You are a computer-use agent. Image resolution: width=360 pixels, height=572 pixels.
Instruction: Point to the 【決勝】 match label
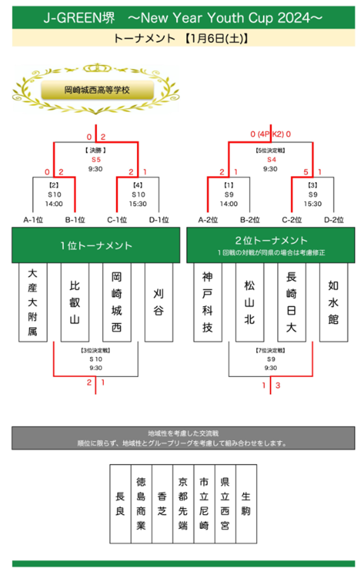(x=96, y=151)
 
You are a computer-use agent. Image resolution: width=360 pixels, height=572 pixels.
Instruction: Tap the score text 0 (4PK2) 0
(x=271, y=135)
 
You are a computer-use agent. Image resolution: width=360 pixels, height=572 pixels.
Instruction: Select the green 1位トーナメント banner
(x=96, y=246)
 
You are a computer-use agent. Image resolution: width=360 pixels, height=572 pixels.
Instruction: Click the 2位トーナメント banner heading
(x=271, y=241)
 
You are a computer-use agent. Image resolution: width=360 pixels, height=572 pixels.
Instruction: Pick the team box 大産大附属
(x=33, y=302)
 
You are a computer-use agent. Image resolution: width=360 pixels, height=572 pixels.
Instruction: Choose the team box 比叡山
(x=75, y=302)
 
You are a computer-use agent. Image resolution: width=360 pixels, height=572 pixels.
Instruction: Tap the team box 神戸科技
(x=208, y=302)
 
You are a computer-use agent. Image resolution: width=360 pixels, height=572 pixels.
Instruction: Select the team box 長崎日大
(x=292, y=302)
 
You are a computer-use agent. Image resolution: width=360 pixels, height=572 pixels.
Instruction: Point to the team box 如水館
(x=334, y=302)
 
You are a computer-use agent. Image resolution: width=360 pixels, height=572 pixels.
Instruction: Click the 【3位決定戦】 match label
(x=96, y=350)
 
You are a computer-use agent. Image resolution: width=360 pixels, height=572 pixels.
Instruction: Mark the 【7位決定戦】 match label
(x=271, y=350)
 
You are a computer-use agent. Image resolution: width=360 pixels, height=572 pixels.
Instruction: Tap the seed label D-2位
(x=334, y=220)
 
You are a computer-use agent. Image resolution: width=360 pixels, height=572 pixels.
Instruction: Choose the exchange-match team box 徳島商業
(x=141, y=504)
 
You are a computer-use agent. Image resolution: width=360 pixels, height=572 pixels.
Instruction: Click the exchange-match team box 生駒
(x=246, y=504)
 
